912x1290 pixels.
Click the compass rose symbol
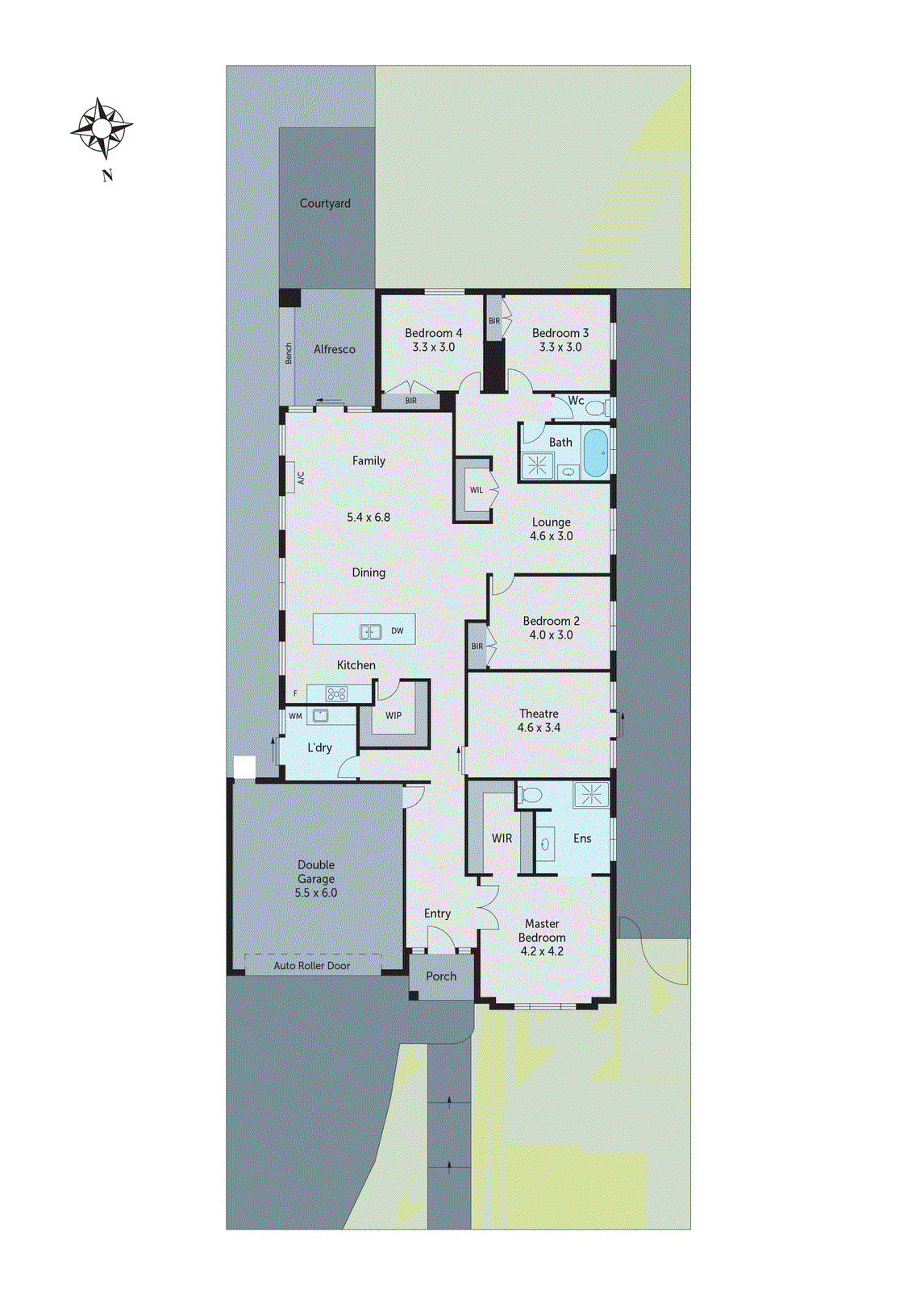point(102,128)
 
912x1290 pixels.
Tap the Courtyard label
point(325,203)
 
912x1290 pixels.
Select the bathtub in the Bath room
point(596,453)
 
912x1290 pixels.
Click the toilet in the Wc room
point(595,409)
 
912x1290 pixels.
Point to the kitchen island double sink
point(370,631)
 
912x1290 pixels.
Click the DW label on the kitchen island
point(398,630)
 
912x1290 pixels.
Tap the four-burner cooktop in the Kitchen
point(335,693)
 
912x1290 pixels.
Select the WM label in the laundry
point(295,716)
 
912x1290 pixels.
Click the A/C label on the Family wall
point(301,478)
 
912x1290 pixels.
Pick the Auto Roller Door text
point(311,965)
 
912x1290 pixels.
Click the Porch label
point(441,976)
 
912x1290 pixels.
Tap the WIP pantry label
point(394,715)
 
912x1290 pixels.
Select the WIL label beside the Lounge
point(477,490)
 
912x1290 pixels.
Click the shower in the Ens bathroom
point(591,795)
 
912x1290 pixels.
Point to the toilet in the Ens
point(530,796)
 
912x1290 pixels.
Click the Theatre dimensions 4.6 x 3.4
point(539,727)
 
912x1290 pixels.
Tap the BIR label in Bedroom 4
point(411,401)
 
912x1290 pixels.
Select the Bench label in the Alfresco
point(289,353)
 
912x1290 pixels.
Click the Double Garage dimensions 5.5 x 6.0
point(316,893)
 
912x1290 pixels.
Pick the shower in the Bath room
point(537,465)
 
